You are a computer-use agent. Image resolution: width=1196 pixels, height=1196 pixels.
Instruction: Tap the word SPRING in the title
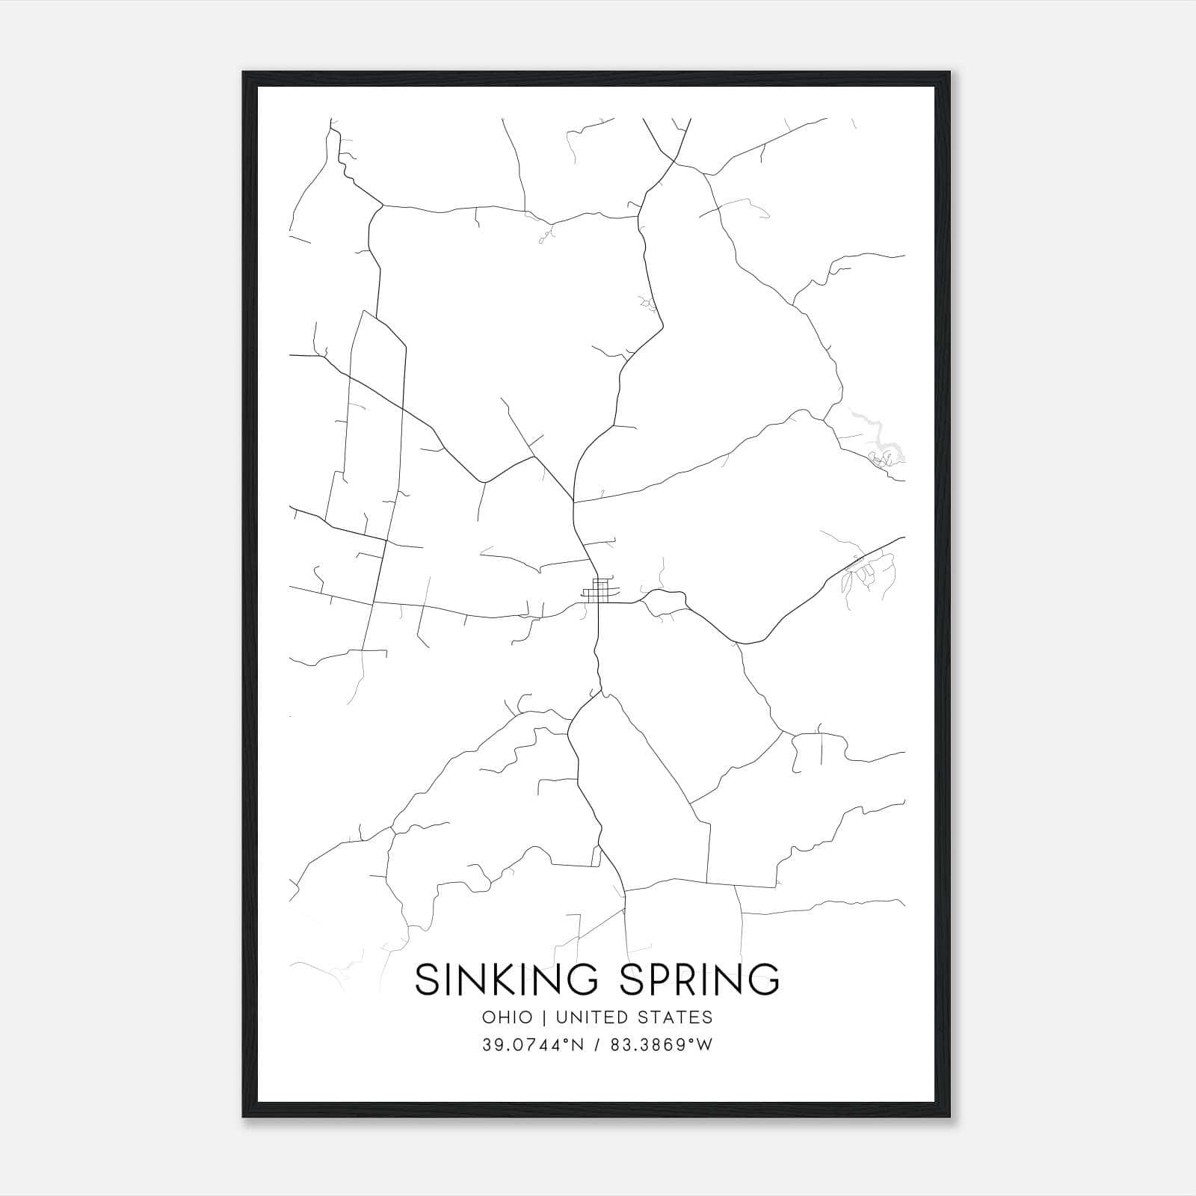point(700,979)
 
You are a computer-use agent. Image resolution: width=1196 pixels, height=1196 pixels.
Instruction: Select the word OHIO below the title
point(508,1017)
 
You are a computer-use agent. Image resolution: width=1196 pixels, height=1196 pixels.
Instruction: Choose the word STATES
point(677,1017)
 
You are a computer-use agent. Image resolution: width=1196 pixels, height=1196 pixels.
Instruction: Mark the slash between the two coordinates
point(597,1045)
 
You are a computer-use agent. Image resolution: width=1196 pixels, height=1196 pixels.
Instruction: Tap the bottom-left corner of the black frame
point(244,1116)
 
